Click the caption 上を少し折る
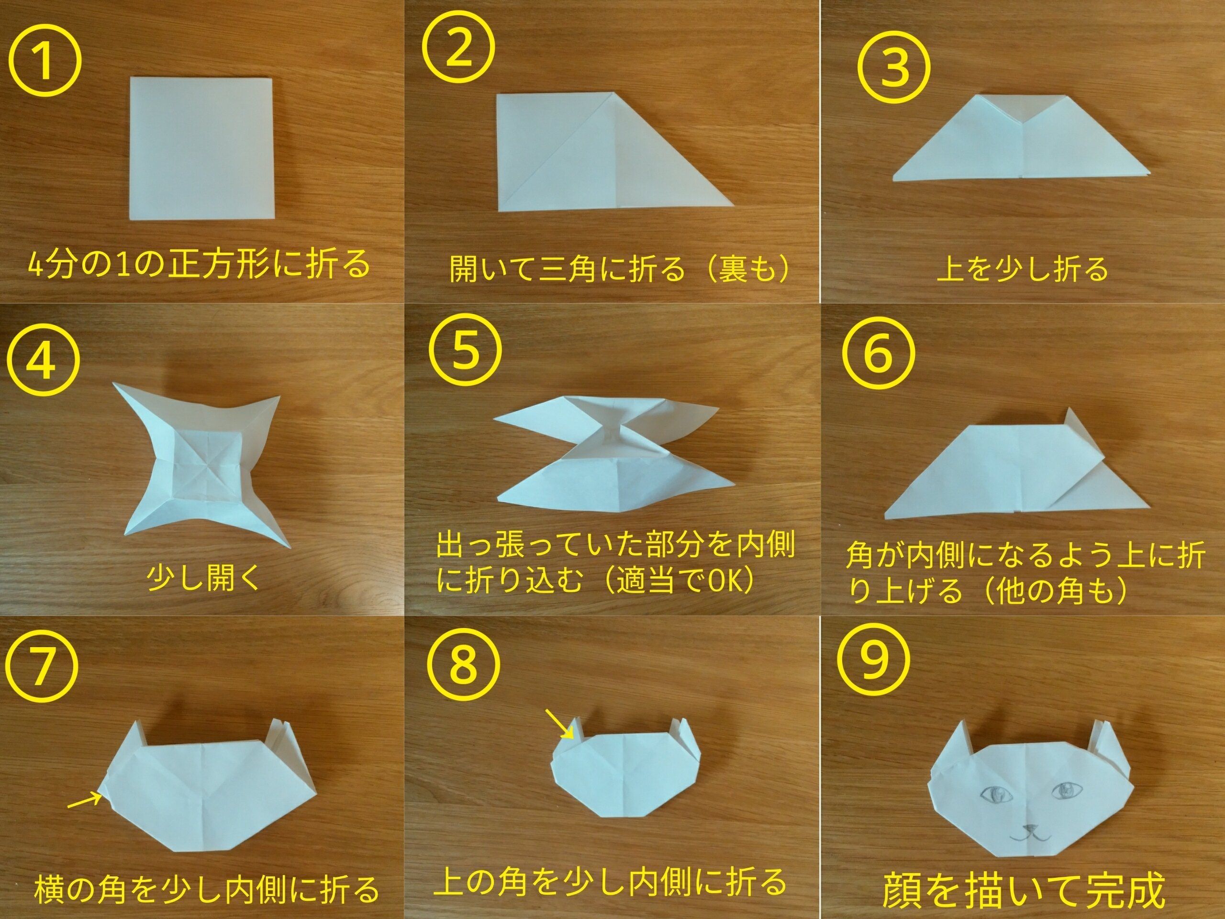tap(1022, 269)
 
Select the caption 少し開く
tap(203, 578)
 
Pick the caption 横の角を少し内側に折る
tap(207, 888)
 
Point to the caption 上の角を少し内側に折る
tap(610, 881)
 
